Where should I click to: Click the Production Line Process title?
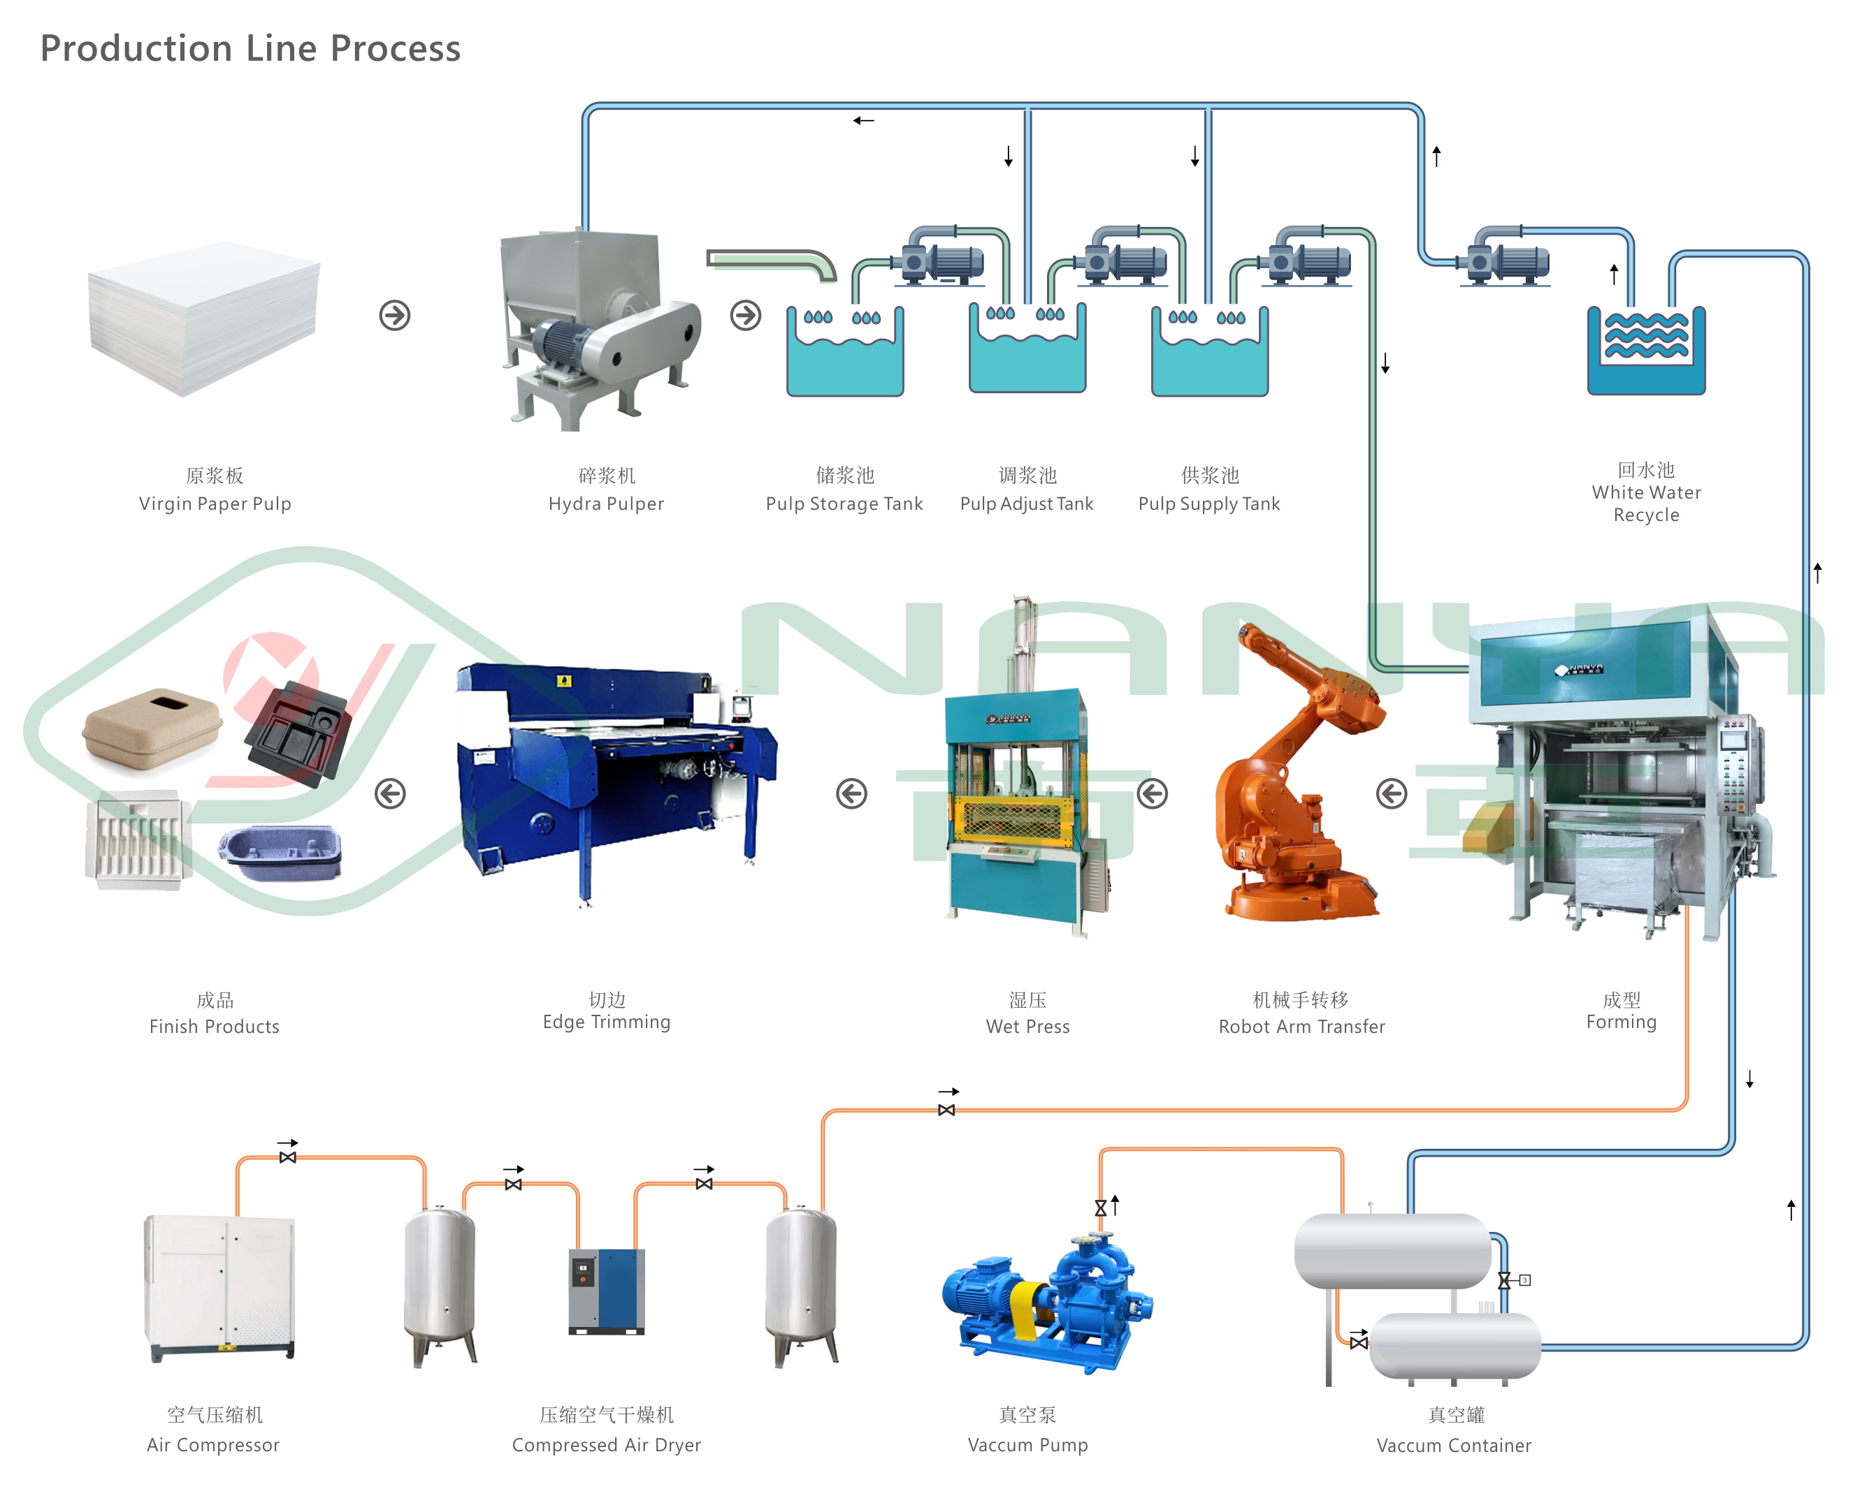coord(250,48)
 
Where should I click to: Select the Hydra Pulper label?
coord(606,504)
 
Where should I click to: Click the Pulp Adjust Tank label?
coord(1027,504)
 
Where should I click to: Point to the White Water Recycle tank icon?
coord(1646,350)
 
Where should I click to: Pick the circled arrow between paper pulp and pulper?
coord(395,315)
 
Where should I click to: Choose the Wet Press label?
coord(1027,1027)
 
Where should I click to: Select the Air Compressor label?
coord(213,1445)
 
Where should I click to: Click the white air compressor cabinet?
coord(221,1286)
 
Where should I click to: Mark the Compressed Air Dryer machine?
coord(606,1291)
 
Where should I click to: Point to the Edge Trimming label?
coord(606,1022)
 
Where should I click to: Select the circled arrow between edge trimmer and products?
coord(391,793)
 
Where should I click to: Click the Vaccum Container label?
coord(1454,1446)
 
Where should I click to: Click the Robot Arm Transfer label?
coord(1301,1027)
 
